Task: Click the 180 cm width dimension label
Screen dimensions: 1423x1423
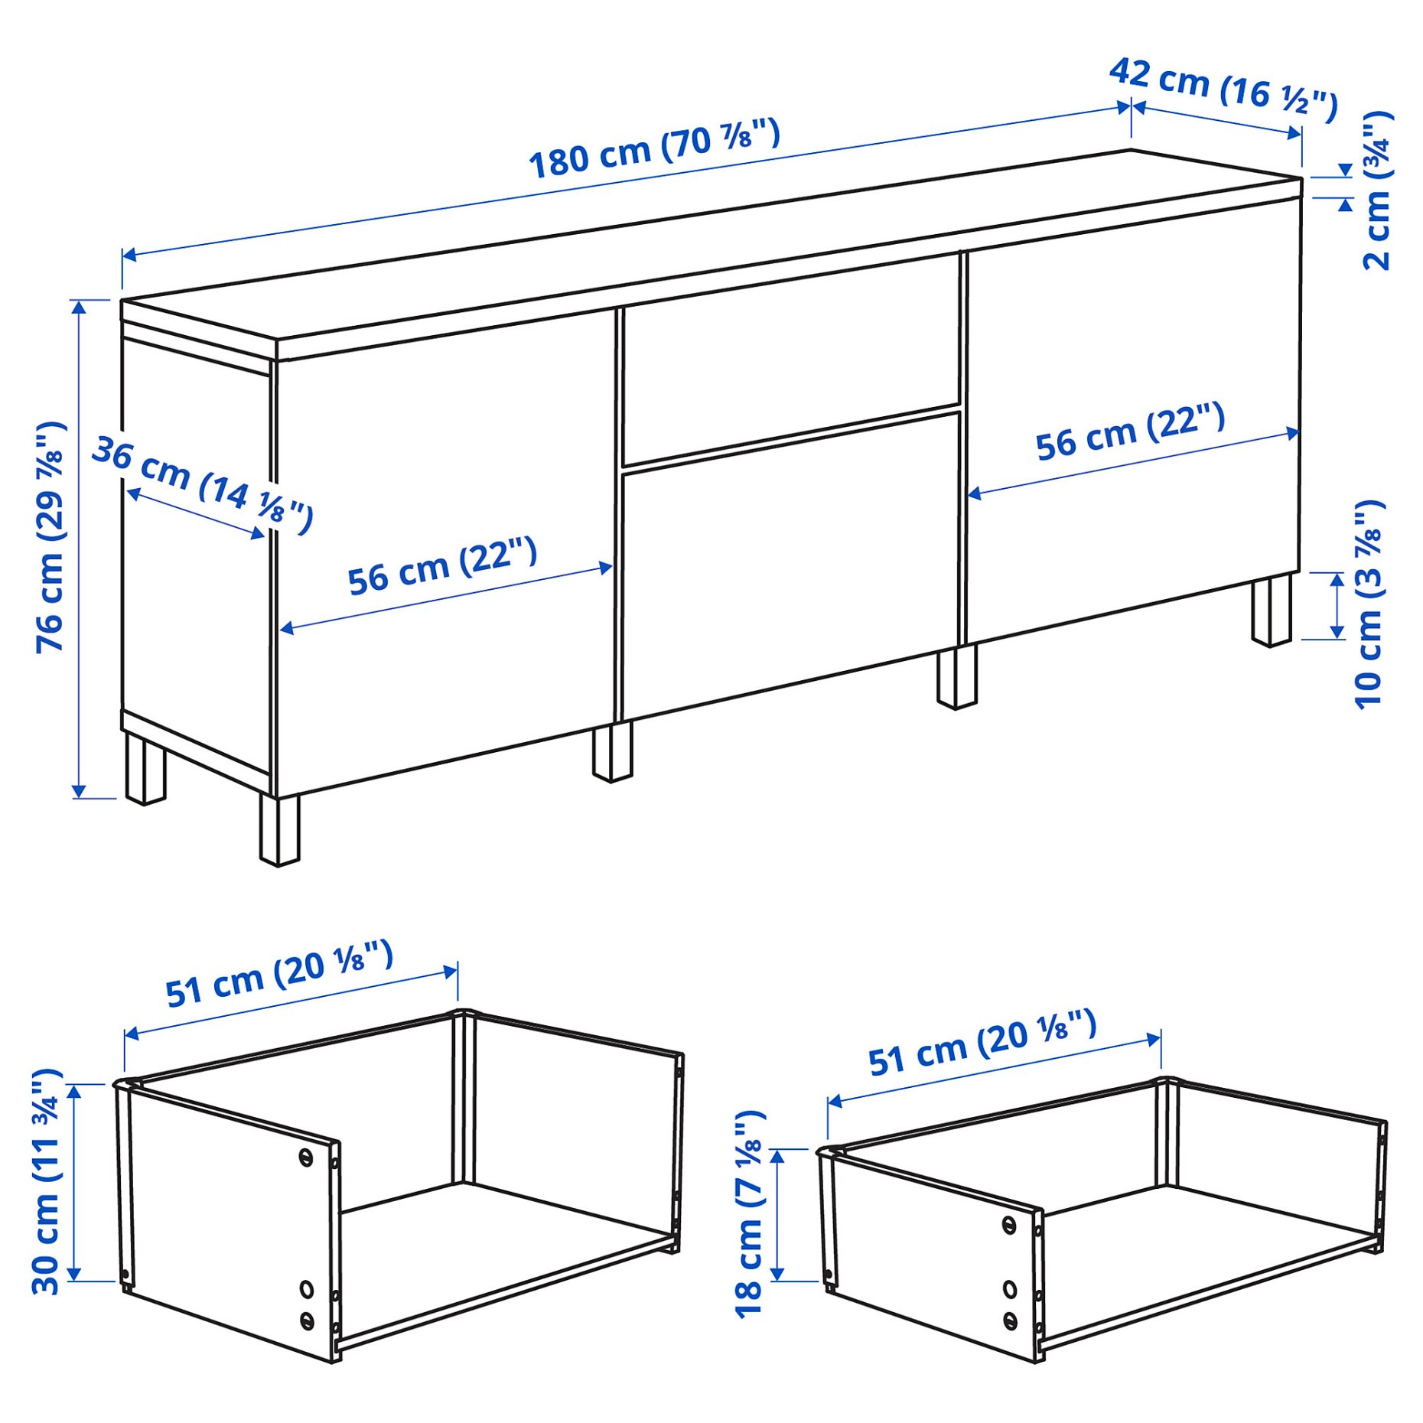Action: [655, 148]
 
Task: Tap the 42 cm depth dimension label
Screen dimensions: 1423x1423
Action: [1223, 90]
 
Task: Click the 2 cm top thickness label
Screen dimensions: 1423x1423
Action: [1378, 190]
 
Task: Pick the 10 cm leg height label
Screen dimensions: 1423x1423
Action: [1369, 604]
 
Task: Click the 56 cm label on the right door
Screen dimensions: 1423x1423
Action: [1130, 431]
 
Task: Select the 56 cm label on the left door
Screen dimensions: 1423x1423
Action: [442, 565]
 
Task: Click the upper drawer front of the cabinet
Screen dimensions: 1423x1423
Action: [791, 358]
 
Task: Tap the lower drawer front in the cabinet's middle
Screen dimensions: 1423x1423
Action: [791, 566]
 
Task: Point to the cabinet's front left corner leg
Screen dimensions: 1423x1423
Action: [279, 830]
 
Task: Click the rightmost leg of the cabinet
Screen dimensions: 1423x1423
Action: [1272, 611]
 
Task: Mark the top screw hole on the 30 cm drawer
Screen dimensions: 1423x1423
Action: [305, 1158]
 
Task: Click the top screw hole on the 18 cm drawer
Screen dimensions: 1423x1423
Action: [1009, 1225]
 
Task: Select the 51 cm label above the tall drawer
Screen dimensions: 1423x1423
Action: [279, 973]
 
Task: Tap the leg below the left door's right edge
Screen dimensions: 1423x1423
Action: [612, 752]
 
